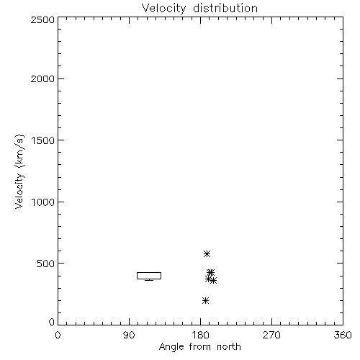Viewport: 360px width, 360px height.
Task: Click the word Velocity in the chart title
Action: [x=164, y=9]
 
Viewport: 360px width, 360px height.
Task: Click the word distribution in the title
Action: [x=225, y=8]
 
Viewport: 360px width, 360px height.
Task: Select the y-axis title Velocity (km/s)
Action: [x=20, y=171]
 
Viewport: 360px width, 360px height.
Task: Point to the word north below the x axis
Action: [x=229, y=346]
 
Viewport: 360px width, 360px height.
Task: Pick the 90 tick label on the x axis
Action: [x=129, y=335]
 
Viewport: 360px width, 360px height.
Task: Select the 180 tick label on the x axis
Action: [x=200, y=335]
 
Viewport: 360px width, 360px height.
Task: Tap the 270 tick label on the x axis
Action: [x=271, y=335]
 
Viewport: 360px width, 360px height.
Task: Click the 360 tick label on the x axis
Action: [x=343, y=335]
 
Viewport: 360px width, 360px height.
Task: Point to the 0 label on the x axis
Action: [x=58, y=335]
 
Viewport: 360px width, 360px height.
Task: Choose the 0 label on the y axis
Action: [x=52, y=322]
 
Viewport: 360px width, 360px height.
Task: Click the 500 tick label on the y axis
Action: [x=45, y=264]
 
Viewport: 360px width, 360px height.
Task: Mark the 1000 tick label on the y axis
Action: [x=43, y=202]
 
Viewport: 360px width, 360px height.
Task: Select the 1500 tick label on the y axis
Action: [x=43, y=140]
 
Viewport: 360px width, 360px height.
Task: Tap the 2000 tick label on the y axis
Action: [x=42, y=79]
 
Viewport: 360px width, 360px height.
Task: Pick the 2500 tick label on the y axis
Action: [x=42, y=19]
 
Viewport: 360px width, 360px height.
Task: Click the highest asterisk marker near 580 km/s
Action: [x=207, y=253]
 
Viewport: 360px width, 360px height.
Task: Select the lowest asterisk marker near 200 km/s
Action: [x=205, y=300]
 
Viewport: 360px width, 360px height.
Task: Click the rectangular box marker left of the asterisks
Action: [x=149, y=272]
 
